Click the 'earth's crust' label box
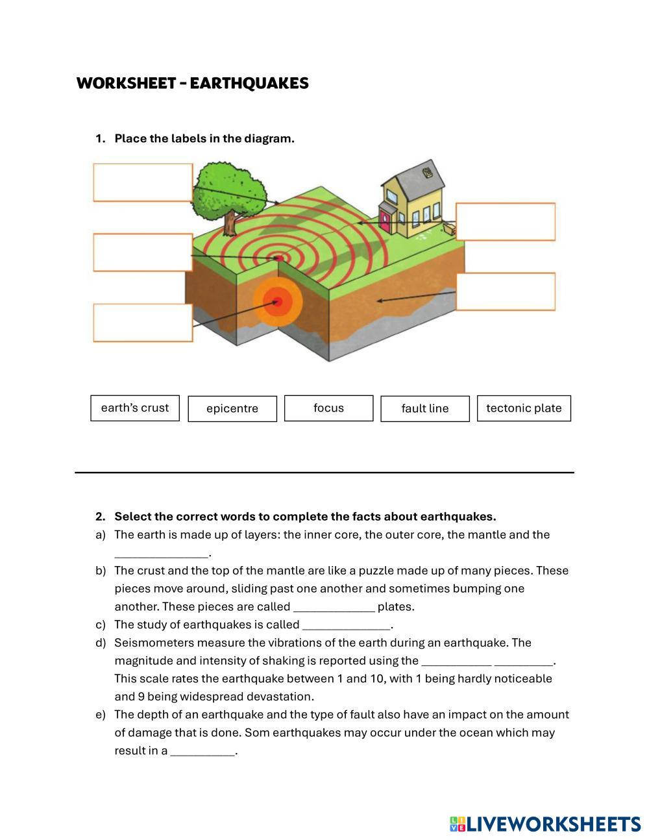[x=135, y=408]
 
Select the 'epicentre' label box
[x=232, y=408]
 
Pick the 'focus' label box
[x=328, y=408]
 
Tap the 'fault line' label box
[x=425, y=408]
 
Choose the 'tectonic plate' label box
[x=524, y=408]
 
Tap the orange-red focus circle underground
[x=278, y=301]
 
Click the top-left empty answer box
[x=143, y=182]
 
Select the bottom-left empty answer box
[x=143, y=323]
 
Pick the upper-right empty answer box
[x=506, y=222]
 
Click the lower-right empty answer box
[x=506, y=291]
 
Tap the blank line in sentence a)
[x=162, y=553]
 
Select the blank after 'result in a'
[x=202, y=751]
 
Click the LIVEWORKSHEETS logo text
[x=554, y=824]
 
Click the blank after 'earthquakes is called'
[x=347, y=625]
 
